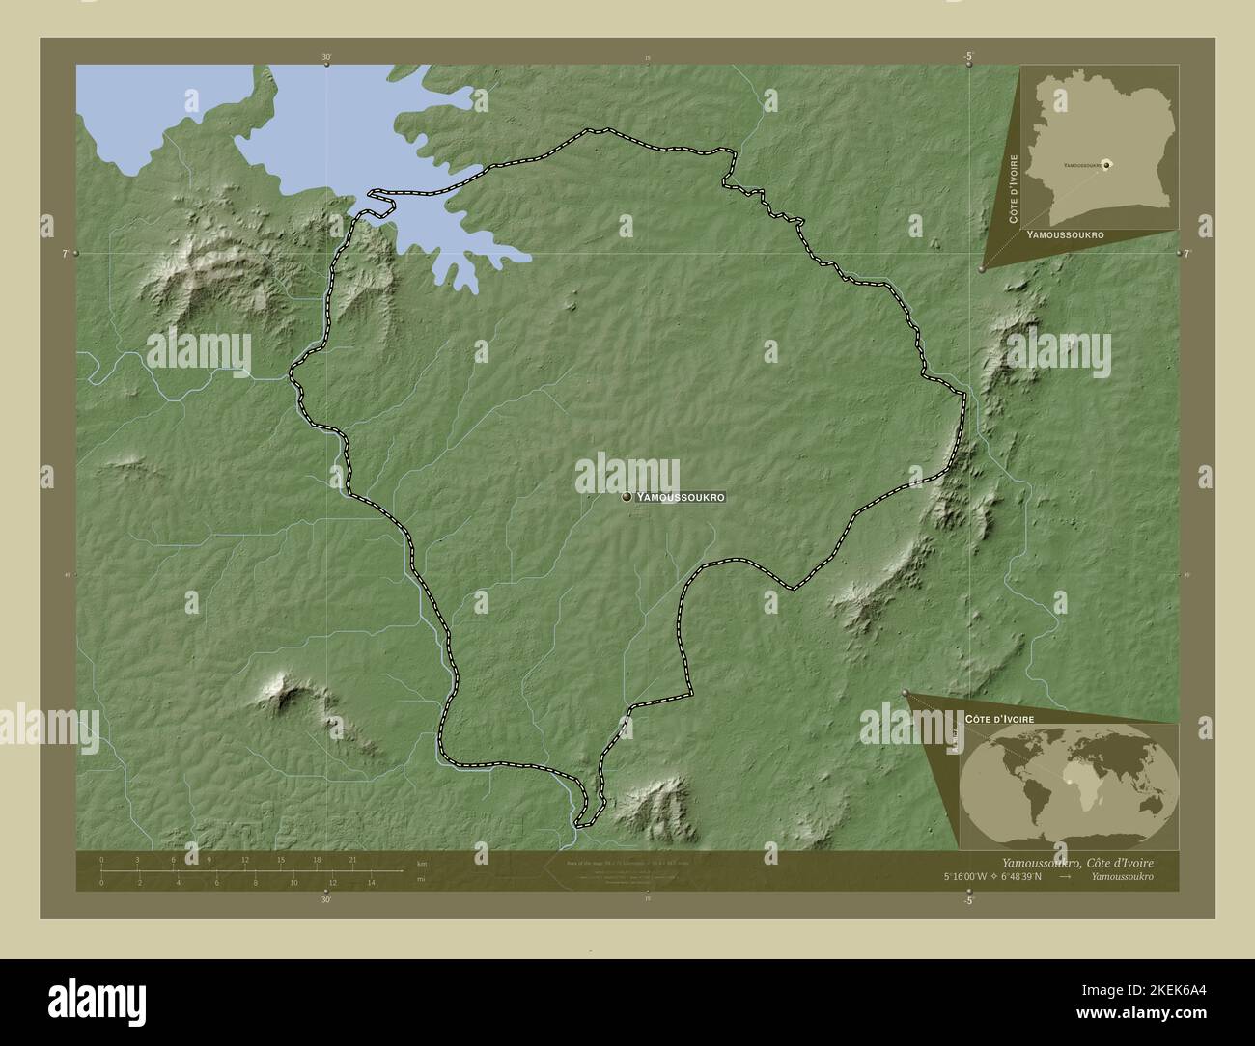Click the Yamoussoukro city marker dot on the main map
[627, 497]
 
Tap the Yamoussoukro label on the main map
[681, 497]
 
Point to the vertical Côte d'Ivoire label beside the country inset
[1014, 188]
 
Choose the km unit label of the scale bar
[421, 862]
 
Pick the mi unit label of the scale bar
[420, 880]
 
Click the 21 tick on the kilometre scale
[353, 859]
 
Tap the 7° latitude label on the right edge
[1187, 253]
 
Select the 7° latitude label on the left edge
[66, 253]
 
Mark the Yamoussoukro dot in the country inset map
[1107, 165]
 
